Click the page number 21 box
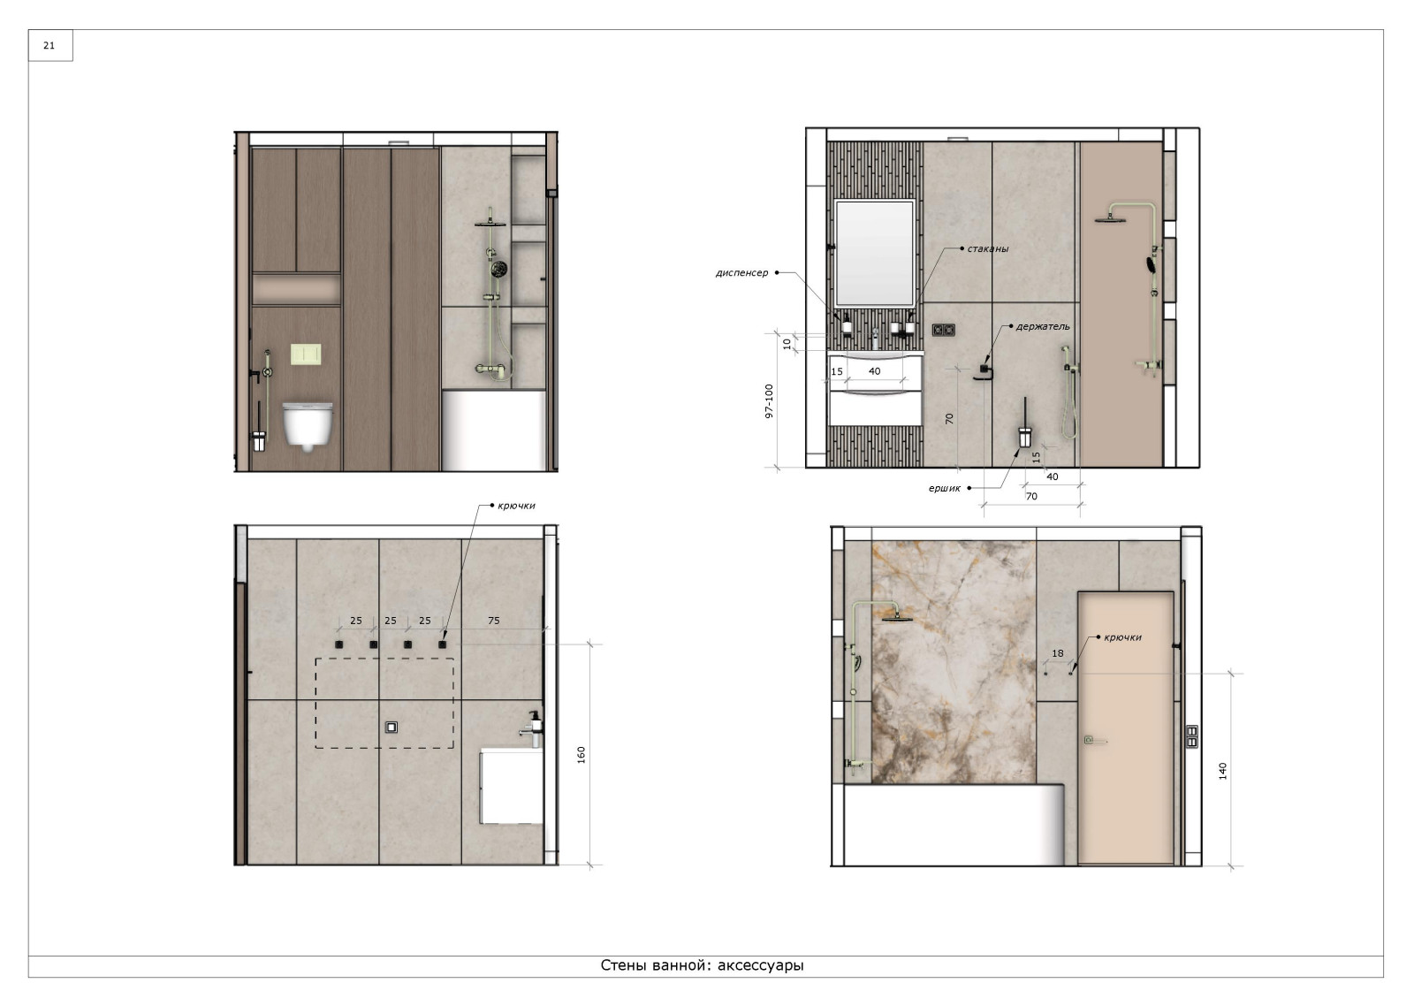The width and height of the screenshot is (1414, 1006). click(x=49, y=45)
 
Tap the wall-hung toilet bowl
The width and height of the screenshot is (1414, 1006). click(x=308, y=425)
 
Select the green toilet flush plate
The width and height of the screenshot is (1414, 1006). click(x=306, y=354)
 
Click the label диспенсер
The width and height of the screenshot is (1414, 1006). click(x=741, y=273)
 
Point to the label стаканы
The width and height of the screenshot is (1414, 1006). click(x=987, y=248)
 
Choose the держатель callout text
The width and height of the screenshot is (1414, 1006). click(x=1043, y=326)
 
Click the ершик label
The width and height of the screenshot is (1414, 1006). click(x=945, y=488)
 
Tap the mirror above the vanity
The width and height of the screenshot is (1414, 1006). click(x=874, y=253)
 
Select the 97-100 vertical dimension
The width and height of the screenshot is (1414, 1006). click(x=769, y=401)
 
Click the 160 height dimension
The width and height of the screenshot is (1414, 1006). click(x=581, y=755)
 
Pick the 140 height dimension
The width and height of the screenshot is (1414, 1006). click(x=1223, y=771)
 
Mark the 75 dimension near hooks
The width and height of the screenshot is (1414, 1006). click(x=494, y=621)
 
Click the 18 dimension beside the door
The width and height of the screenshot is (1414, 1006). click(x=1057, y=653)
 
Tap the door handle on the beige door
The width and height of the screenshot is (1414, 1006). click(x=1094, y=740)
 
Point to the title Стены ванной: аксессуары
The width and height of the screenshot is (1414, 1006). click(x=702, y=965)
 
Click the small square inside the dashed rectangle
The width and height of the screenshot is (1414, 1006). click(x=392, y=728)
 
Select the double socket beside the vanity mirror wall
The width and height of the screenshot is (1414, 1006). click(x=943, y=330)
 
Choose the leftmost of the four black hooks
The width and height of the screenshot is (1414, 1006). click(x=339, y=644)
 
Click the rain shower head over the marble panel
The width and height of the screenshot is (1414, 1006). click(x=896, y=617)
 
